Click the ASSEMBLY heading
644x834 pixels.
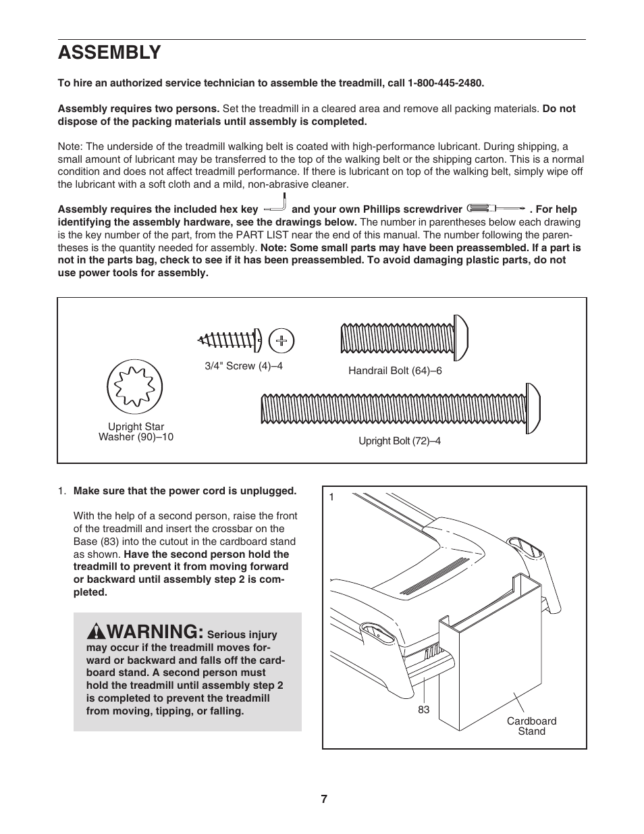(x=109, y=52)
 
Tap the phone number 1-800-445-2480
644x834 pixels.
(x=445, y=83)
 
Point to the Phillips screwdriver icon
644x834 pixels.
(x=495, y=209)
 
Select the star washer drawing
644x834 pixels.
(x=135, y=387)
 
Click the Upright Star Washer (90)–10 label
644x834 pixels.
(x=136, y=432)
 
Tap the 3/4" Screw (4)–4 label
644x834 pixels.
(x=244, y=366)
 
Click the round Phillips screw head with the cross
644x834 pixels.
(x=281, y=341)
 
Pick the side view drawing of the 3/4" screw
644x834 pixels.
(x=229, y=340)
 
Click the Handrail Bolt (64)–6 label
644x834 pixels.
(x=395, y=371)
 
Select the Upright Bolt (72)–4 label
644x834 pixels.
(x=399, y=441)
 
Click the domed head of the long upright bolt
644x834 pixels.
(x=533, y=407)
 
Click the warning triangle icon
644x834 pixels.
(x=95, y=632)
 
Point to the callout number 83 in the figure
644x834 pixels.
(x=423, y=710)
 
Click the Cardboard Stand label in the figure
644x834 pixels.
(x=531, y=726)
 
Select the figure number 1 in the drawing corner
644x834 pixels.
(x=332, y=498)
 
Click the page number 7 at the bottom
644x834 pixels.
(x=324, y=799)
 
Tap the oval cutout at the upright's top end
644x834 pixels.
(x=524, y=546)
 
